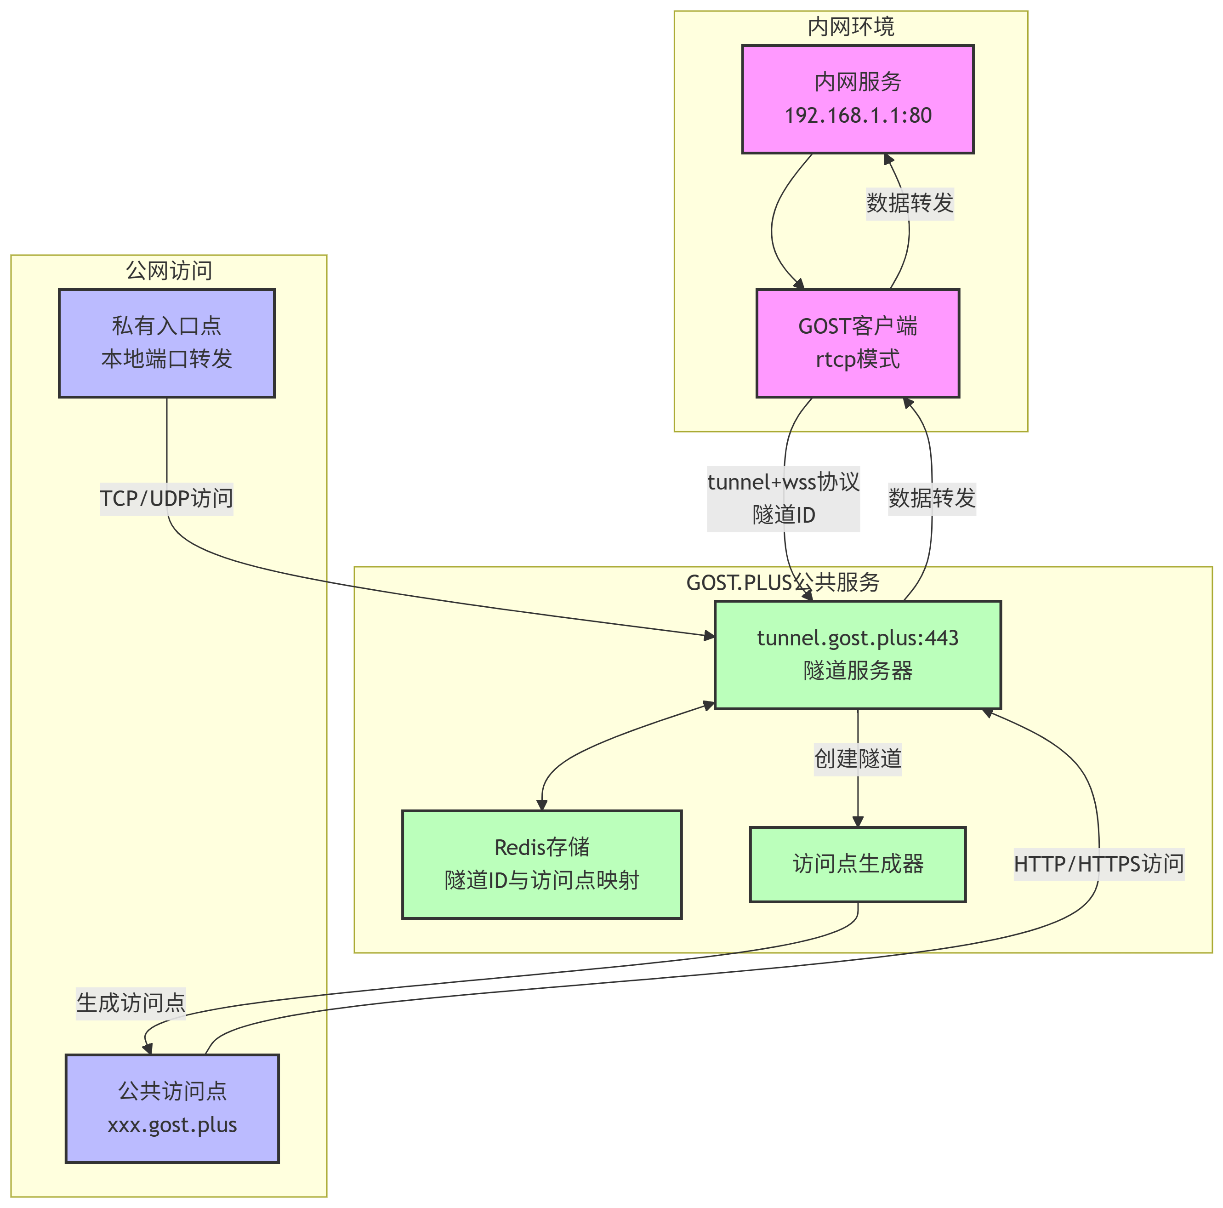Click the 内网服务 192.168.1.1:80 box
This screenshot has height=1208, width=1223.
point(858,99)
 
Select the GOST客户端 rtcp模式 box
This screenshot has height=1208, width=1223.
point(858,343)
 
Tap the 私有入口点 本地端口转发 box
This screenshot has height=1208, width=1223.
point(166,343)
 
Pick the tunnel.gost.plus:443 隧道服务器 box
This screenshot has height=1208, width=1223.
point(858,655)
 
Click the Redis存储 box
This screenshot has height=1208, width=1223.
point(542,864)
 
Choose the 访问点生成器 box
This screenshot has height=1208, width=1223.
point(858,864)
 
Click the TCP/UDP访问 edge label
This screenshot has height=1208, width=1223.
point(166,498)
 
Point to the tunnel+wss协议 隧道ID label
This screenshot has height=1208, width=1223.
point(784,498)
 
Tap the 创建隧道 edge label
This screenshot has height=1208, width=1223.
point(858,758)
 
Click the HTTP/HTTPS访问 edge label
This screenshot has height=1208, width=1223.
point(1099,864)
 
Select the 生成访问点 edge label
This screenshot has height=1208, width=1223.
point(131,1002)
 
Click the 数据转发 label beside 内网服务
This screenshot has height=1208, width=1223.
point(910,203)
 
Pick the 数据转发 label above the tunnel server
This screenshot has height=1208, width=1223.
point(932,498)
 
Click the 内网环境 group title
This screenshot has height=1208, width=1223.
point(851,27)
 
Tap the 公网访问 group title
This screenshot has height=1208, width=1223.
point(169,270)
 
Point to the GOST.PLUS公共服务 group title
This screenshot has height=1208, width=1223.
point(783,582)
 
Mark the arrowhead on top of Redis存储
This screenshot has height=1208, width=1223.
point(542,805)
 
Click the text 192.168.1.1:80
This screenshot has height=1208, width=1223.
point(858,115)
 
